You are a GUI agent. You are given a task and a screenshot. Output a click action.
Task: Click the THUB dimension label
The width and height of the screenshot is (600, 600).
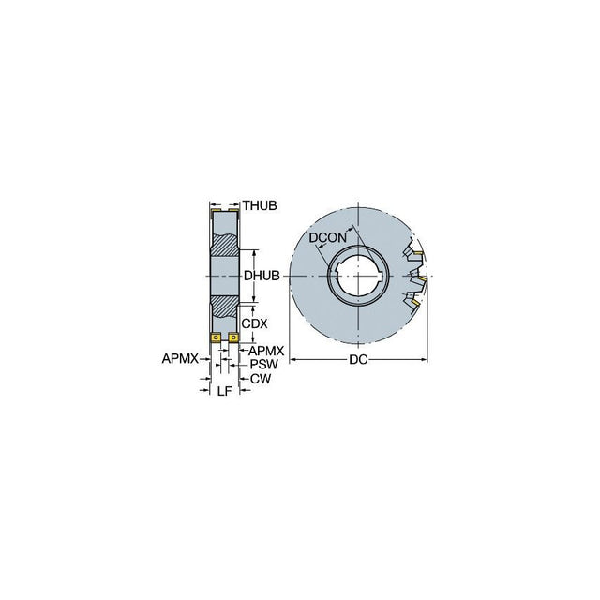[260, 205]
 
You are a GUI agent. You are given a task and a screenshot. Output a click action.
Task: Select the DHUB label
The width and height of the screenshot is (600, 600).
[262, 276]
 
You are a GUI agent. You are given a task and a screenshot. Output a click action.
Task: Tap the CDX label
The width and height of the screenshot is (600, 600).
[254, 323]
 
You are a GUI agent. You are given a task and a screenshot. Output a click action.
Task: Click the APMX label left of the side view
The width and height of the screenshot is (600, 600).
[180, 358]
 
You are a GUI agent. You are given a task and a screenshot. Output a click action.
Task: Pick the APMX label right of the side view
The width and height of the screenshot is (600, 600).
[266, 351]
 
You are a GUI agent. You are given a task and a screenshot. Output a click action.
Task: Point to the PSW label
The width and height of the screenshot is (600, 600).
[264, 364]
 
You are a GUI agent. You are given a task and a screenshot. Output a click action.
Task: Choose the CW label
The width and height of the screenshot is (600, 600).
[261, 379]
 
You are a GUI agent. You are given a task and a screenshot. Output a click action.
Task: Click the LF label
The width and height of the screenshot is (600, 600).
[225, 391]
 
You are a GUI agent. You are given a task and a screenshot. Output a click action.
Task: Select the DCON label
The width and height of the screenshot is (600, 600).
[327, 237]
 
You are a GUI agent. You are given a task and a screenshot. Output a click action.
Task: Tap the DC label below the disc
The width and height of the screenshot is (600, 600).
[358, 360]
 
